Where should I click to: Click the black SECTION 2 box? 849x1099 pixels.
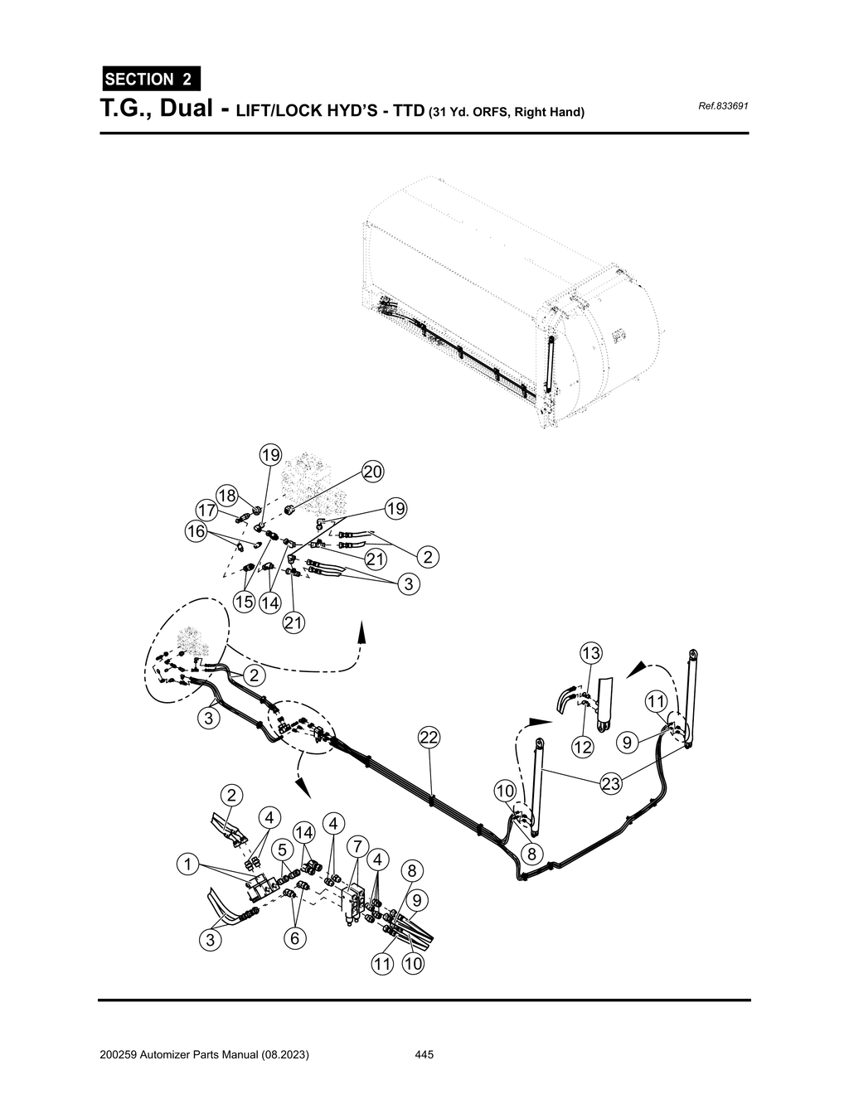coord(150,80)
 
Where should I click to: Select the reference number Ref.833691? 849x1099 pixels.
coord(724,107)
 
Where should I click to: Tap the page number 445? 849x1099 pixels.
coord(424,1055)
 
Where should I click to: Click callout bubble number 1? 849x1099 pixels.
coord(188,865)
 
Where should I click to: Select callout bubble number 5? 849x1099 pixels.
coord(283,850)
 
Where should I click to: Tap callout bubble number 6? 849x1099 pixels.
coord(294,938)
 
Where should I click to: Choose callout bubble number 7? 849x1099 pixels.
coord(357,846)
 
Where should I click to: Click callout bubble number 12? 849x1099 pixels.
coord(583,747)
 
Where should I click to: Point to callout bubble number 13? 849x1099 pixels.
coord(590,653)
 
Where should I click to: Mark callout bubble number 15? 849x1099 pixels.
coord(244,603)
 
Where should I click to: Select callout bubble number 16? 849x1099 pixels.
coord(196,531)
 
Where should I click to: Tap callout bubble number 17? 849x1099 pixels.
coord(206,509)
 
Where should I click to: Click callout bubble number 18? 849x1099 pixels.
coord(227,496)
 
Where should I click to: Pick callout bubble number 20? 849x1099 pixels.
coord(372,472)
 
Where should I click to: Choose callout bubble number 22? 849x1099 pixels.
coord(429,737)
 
